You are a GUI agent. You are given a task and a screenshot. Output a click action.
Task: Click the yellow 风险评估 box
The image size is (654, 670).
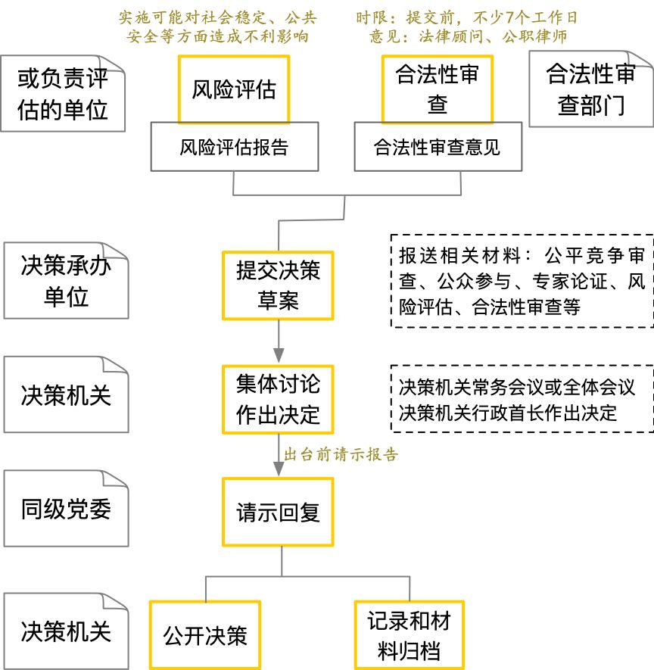[234, 89]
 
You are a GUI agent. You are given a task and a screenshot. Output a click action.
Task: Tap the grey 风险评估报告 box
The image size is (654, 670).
[234, 147]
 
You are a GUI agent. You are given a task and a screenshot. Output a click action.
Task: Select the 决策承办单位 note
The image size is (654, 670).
[66, 281]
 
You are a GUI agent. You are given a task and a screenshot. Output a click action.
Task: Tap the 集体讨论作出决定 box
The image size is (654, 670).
[278, 399]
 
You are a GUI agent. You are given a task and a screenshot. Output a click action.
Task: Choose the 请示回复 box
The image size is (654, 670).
[278, 513]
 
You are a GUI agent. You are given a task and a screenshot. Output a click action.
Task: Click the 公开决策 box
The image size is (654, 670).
[205, 634]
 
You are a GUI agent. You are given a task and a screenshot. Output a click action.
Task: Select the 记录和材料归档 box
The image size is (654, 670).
[409, 635]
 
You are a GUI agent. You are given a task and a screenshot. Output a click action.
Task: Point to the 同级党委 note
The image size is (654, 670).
[66, 509]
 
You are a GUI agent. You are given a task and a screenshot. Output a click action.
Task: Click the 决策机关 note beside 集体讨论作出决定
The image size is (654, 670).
[66, 395]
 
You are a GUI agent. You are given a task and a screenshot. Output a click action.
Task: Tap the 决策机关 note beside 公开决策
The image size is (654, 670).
[66, 631]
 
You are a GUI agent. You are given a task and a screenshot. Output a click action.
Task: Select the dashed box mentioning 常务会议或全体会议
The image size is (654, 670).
[522, 399]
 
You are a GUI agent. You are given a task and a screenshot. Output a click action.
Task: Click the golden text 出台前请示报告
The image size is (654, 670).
[341, 455]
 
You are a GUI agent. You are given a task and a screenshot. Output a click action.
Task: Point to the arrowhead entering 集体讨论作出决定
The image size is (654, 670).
[279, 356]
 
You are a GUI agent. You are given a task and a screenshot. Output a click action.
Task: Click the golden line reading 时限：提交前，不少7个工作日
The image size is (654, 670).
[467, 17]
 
